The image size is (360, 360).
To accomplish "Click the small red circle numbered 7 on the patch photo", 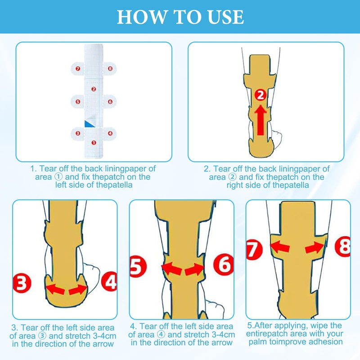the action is point(78,68).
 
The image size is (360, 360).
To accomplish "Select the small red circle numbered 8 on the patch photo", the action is point(110,68).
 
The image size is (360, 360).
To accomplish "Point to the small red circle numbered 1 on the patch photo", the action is point(94,143).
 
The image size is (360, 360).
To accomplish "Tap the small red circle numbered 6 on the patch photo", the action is point(110,102).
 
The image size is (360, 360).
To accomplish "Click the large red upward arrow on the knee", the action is point(261,120).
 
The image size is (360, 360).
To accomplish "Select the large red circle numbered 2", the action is point(261,95).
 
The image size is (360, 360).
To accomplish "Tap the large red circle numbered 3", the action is point(22,283).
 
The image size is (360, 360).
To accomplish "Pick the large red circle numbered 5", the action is point(137,266).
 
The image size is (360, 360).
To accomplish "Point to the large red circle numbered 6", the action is point(223,264).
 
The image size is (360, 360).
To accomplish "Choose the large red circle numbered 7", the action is point(254,250).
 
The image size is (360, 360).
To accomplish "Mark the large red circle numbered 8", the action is point(343,247).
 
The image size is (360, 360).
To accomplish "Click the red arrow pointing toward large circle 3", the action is point(55,289).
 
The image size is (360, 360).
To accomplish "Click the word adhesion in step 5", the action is point(325,342).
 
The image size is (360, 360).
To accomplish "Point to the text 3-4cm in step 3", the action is point(104,336).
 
